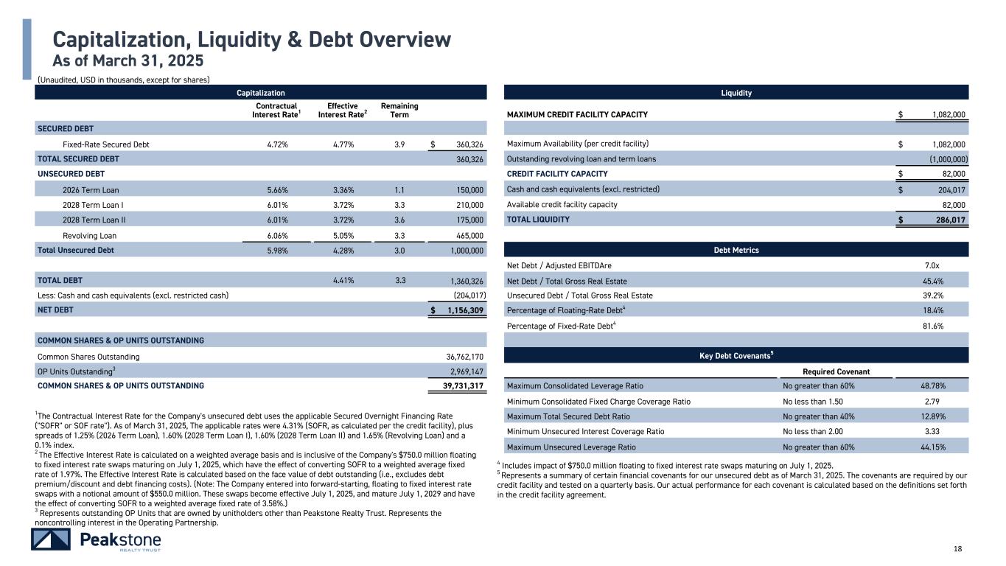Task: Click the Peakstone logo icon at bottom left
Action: point(50,539)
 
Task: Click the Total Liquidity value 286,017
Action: point(945,220)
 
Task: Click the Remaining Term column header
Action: point(399,111)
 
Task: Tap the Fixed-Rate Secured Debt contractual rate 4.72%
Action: point(277,144)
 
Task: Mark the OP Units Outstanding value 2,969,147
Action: point(464,371)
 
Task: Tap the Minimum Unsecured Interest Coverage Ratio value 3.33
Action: point(932,432)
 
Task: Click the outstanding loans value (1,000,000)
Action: point(943,159)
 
